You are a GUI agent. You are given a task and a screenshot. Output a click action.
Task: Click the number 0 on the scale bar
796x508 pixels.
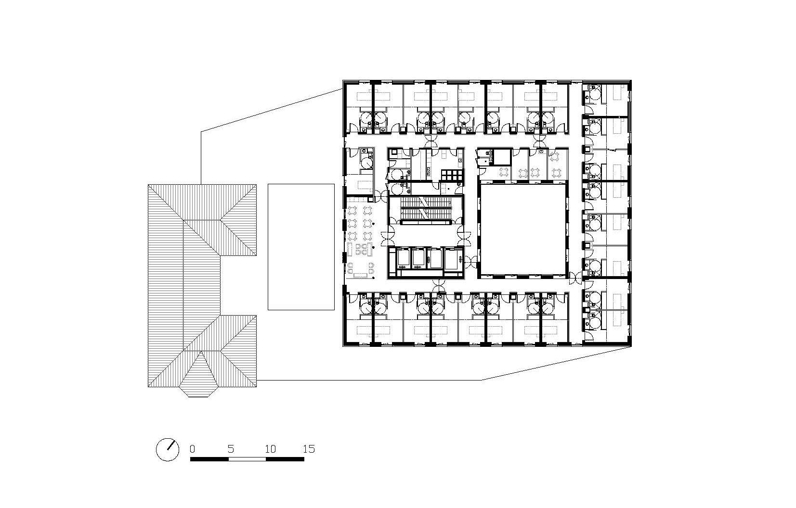tap(192, 449)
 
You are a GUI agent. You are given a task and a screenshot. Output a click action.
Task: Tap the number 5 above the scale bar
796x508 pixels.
tap(231, 449)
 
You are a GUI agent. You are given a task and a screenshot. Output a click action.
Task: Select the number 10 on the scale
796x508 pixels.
tap(271, 449)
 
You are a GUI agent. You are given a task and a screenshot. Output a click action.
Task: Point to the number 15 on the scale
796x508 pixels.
tap(309, 449)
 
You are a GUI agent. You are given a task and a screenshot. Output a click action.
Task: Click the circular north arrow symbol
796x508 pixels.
tap(168, 449)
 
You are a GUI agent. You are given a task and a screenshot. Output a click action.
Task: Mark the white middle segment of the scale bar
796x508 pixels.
tap(248, 459)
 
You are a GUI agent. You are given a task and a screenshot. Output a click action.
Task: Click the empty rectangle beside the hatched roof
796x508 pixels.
tap(301, 247)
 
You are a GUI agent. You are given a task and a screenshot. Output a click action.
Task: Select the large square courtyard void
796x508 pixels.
tap(522, 229)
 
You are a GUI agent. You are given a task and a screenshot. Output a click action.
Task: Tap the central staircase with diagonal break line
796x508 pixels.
tap(425, 210)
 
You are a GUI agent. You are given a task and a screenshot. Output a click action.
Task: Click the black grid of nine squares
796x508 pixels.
tap(452, 176)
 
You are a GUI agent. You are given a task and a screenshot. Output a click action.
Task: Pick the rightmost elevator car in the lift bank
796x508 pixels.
tap(452, 258)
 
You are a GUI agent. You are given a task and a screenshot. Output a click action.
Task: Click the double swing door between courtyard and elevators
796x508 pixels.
tap(470, 262)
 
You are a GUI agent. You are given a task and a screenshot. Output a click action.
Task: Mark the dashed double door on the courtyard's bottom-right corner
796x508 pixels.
tap(576, 278)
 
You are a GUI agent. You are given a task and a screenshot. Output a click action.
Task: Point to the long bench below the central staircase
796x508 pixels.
tap(425, 222)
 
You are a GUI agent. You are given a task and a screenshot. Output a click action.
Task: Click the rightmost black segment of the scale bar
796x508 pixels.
tap(285, 459)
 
